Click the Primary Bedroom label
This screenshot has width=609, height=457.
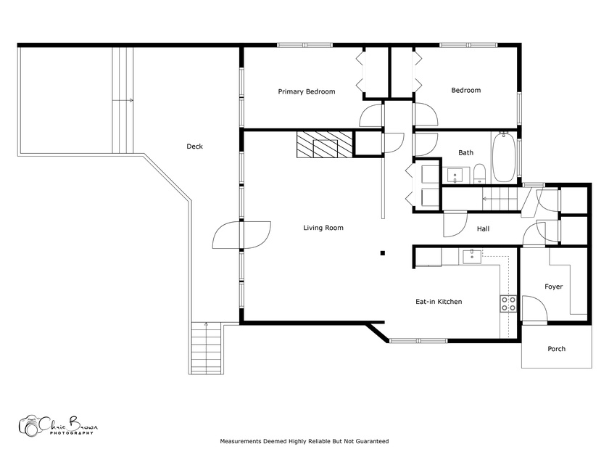coord(307,91)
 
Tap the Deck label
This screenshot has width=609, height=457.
coord(194,147)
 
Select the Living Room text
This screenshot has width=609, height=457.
coord(323,228)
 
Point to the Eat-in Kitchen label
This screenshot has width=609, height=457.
coord(439,302)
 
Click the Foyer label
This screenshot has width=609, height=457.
coord(553,287)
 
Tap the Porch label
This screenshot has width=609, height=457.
coord(556,349)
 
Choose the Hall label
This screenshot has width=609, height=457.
coord(483,229)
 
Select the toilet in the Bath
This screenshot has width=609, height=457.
coord(480,173)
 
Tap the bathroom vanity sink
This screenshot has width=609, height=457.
coord(455,176)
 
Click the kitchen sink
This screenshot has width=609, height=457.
coord(472,257)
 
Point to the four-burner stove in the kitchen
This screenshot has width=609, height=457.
coord(508,303)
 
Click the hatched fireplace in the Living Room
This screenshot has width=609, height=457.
coord(325,144)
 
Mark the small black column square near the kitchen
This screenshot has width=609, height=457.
coord(383,253)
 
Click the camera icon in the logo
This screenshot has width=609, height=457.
coord(29,427)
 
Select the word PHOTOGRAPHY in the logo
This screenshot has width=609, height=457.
coord(72,433)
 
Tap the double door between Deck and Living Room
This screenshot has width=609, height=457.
coord(241,235)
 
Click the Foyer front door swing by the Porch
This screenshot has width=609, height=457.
coord(535,309)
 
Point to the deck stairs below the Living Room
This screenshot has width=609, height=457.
coord(206,347)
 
